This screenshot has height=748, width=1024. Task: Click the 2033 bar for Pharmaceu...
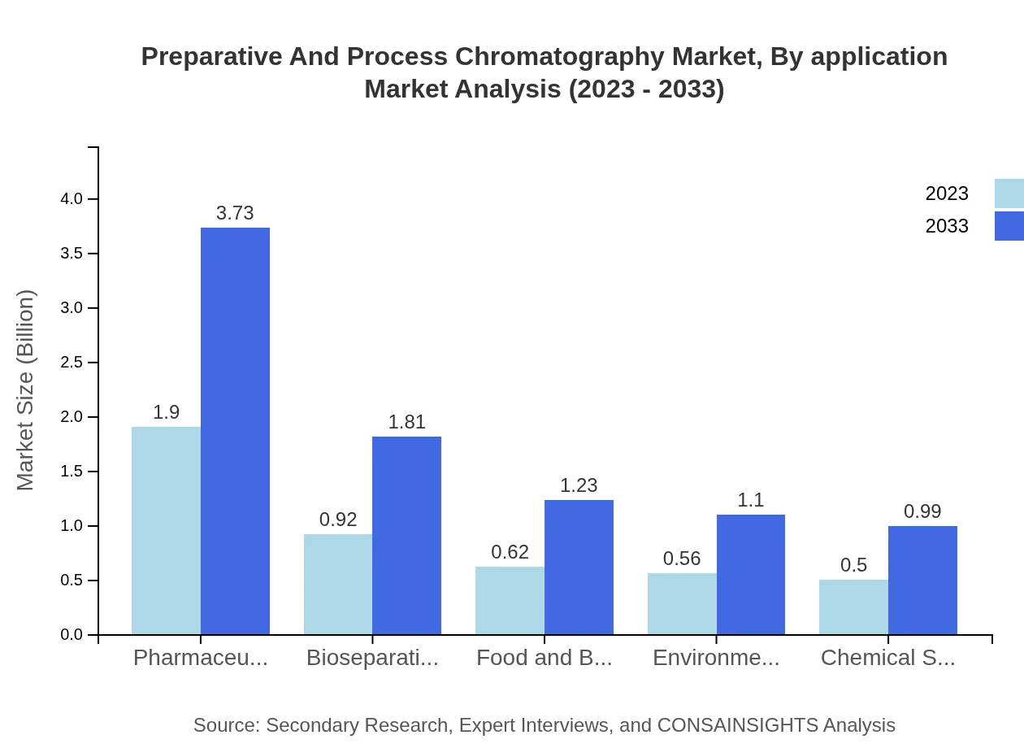235,431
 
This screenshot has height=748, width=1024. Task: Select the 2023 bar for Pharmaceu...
166,530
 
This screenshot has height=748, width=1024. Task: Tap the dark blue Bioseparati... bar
406,535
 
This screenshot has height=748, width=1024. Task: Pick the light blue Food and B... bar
510,600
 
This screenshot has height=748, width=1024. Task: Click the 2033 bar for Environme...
751,574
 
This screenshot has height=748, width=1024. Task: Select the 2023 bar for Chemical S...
853,607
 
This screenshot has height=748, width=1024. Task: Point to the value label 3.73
235,213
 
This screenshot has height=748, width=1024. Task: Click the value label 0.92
338,520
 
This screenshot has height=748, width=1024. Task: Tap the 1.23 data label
579,485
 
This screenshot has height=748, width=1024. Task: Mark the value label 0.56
682,559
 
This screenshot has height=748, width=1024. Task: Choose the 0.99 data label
922,511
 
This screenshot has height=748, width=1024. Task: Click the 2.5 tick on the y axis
72,363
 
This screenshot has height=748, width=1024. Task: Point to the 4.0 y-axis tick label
72,199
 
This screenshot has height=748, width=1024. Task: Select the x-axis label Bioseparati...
372,658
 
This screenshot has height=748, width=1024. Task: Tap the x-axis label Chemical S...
887,658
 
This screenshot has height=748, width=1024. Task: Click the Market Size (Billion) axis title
26,390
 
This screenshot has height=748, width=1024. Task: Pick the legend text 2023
947,194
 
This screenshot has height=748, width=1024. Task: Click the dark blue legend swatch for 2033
1009,226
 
